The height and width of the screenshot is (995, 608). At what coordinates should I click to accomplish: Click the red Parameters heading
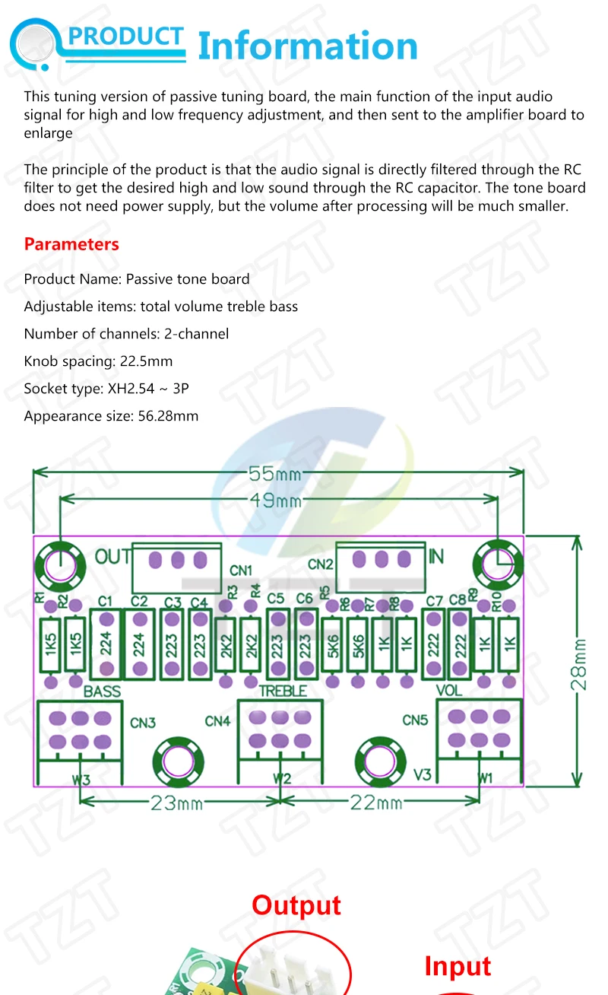pyautogui.click(x=71, y=244)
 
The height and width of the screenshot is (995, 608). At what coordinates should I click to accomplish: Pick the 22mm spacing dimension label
pyautogui.click(x=377, y=801)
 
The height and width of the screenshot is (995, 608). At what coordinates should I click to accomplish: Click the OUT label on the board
pyautogui.click(x=112, y=557)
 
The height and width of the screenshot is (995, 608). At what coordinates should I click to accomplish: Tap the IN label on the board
pyautogui.click(x=435, y=557)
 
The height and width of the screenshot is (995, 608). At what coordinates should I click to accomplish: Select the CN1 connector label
pyautogui.click(x=241, y=571)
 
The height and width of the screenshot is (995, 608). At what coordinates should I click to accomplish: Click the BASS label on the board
pyautogui.click(x=103, y=691)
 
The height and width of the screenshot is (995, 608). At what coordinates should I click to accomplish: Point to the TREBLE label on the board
pyautogui.click(x=283, y=691)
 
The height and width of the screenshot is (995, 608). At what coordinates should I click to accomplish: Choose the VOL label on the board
pyautogui.click(x=448, y=691)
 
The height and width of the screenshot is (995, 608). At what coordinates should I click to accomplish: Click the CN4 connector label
pyautogui.click(x=217, y=720)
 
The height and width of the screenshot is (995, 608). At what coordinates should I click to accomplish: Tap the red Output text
pyautogui.click(x=296, y=905)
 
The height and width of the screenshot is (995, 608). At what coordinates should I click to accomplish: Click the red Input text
pyautogui.click(x=458, y=966)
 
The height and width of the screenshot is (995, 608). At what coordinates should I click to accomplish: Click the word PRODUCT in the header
pyautogui.click(x=126, y=37)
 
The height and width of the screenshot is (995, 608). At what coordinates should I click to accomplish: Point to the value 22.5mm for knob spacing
pyautogui.click(x=148, y=361)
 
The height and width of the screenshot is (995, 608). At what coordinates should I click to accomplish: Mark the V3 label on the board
pyautogui.click(x=422, y=774)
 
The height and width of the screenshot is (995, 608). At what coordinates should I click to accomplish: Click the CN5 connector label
pyautogui.click(x=415, y=720)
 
